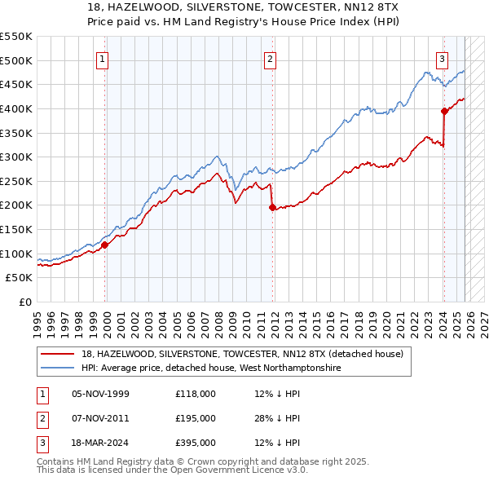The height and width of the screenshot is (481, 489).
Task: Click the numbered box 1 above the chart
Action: [x=103, y=59]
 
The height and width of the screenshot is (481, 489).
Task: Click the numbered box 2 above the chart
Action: [x=269, y=59]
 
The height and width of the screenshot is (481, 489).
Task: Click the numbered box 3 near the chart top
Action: [x=441, y=59]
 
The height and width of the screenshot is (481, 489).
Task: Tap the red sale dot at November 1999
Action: [x=105, y=244]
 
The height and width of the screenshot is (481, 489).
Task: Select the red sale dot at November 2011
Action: [x=271, y=207]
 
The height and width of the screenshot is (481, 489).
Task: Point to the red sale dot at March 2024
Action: [x=444, y=111]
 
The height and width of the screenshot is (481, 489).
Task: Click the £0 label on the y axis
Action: [x=24, y=302]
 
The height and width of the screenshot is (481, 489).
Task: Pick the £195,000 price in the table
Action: [x=196, y=418]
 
